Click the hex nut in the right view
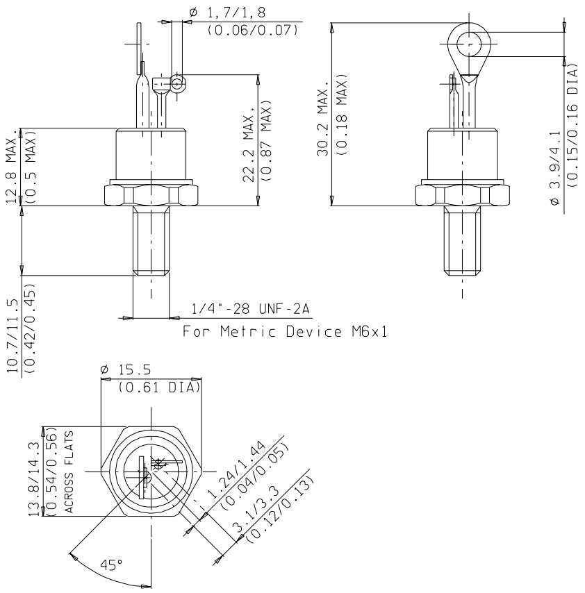(461, 194)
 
